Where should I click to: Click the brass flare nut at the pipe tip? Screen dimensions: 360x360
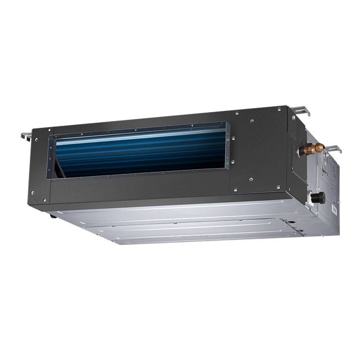(320, 148)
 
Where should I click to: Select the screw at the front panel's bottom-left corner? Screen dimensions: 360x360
(33, 192)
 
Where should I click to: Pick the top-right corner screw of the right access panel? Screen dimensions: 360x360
(279, 109)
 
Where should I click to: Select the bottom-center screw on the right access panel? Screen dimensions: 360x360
(251, 180)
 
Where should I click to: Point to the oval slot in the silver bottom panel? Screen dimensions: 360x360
(288, 222)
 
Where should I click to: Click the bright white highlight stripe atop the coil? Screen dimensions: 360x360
(139, 137)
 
